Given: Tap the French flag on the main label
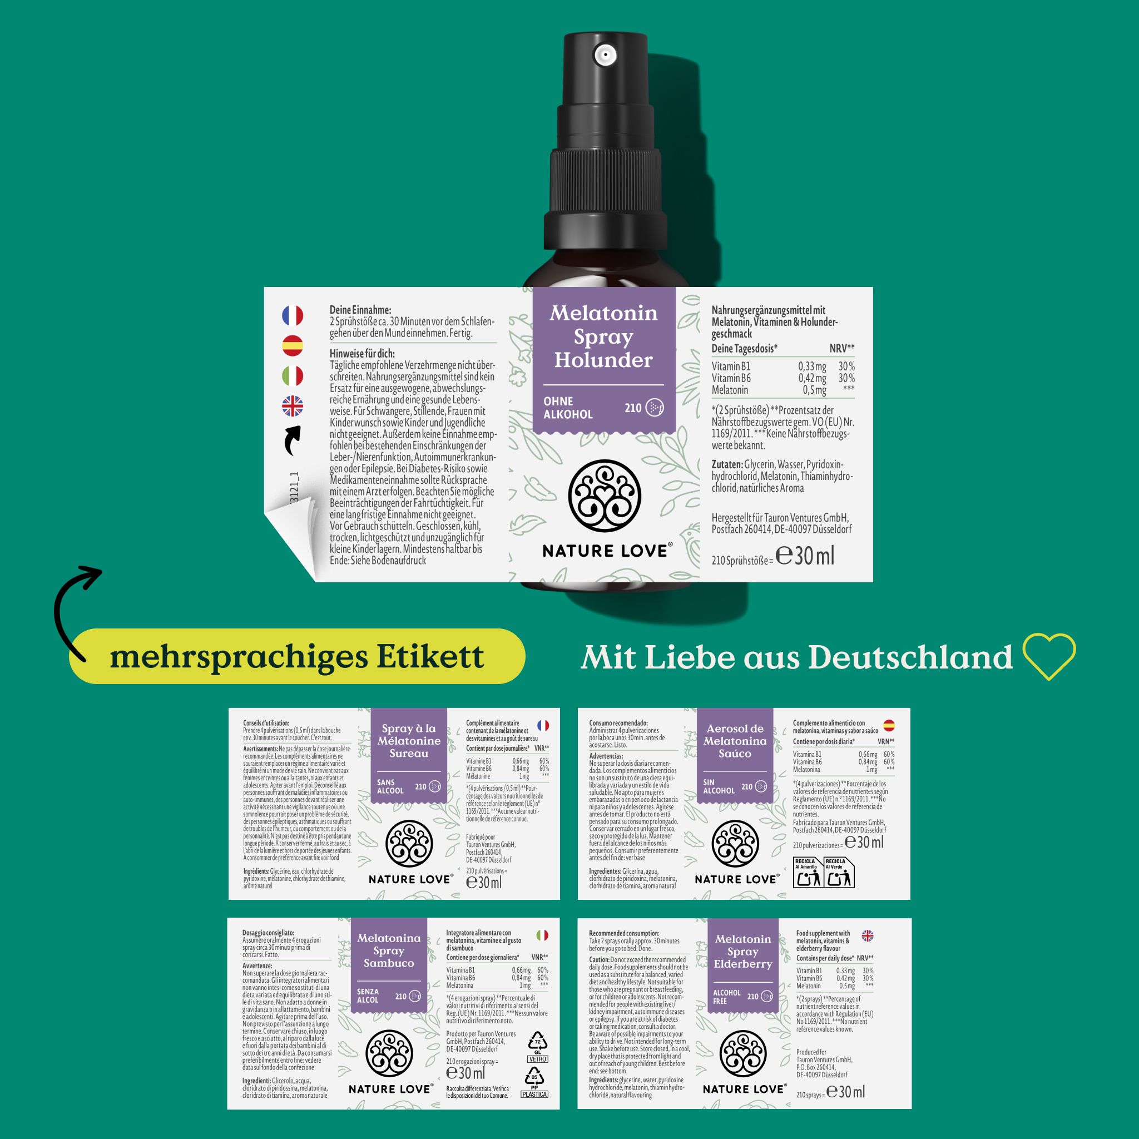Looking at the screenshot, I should (293, 315).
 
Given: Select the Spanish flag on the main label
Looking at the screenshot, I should (293, 345).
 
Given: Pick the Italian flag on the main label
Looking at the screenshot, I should (293, 375).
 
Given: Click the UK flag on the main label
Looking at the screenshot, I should (293, 406).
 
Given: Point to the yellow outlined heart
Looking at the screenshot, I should (1049, 656).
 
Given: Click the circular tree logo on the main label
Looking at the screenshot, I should (605, 496).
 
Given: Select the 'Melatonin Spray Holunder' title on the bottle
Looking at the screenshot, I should (603, 336).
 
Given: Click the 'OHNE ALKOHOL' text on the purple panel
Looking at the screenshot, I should (567, 408).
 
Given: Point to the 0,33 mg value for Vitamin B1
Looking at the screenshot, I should (812, 366).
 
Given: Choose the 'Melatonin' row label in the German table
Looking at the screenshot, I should (729, 390).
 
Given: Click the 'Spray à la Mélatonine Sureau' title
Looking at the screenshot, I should (409, 741).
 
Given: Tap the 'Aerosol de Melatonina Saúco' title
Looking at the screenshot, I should (735, 741).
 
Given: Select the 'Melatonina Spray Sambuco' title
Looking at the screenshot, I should (389, 950).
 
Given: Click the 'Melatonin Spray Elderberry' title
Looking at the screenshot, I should (742, 952).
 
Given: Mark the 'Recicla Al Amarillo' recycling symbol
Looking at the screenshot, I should (808, 873).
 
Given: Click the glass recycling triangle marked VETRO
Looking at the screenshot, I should (537, 1044).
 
